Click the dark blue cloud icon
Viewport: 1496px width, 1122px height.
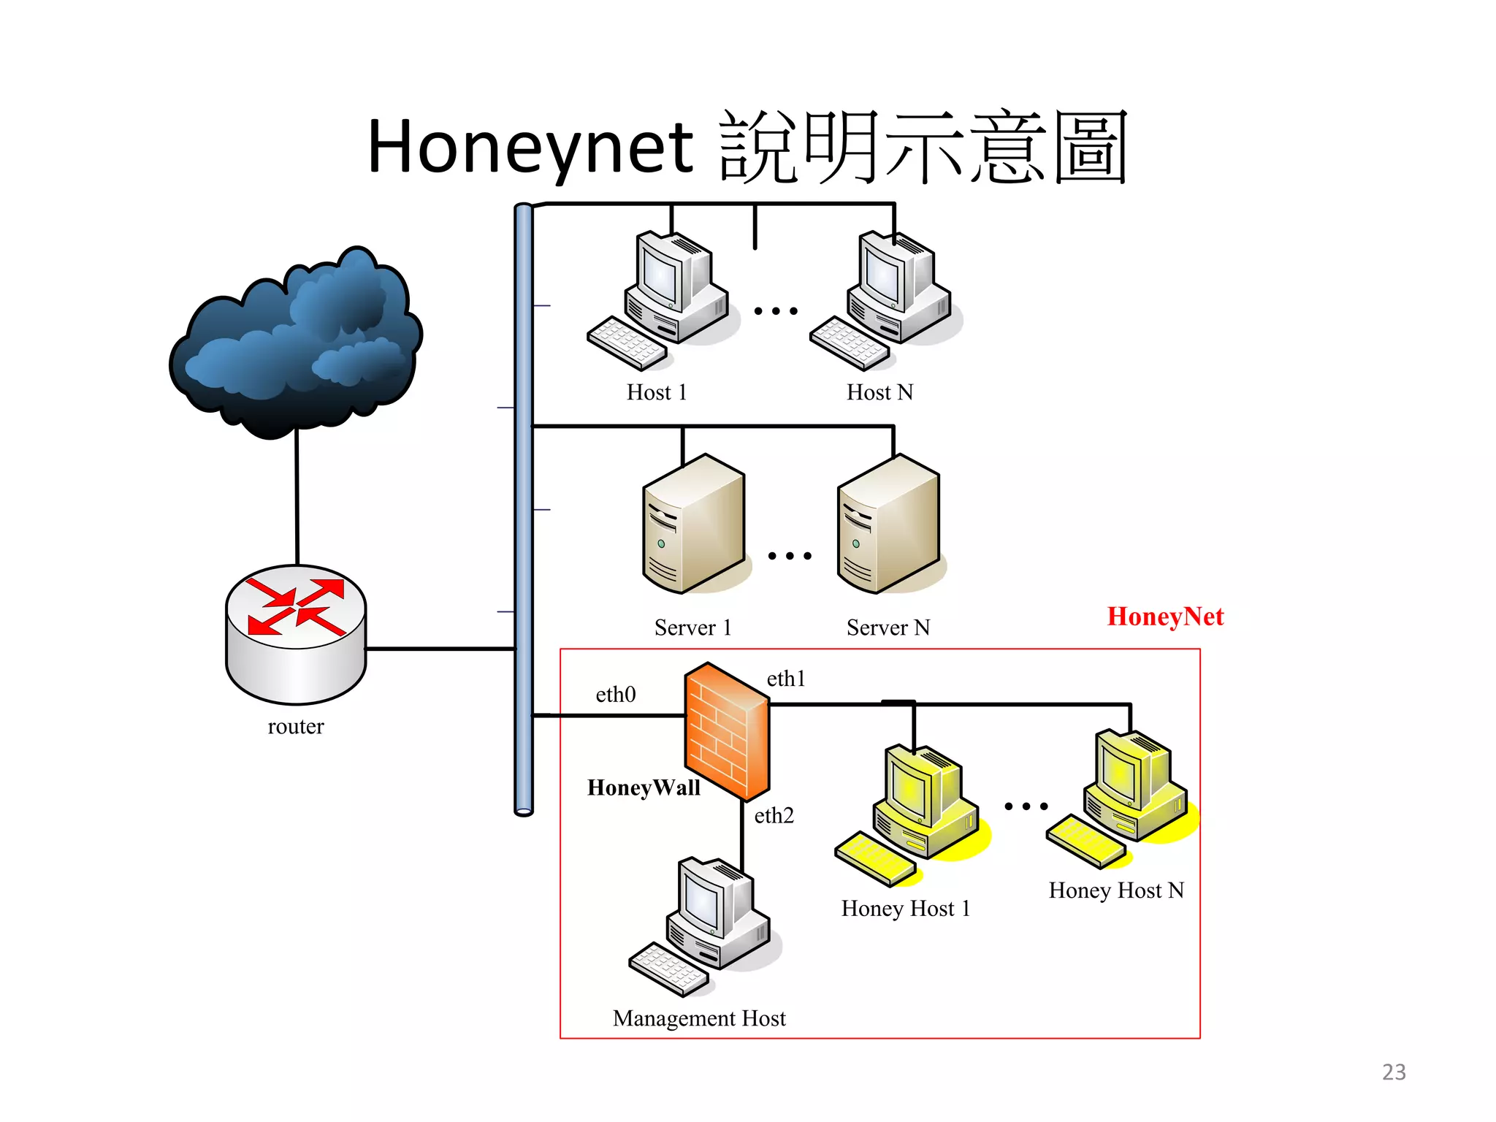296,343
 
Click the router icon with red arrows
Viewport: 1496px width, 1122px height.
296,632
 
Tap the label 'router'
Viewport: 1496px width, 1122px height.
296,726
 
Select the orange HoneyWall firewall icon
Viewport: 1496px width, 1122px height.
726,730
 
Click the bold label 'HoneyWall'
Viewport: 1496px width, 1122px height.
644,787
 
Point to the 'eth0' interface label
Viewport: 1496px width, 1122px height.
616,694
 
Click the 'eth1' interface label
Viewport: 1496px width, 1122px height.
786,679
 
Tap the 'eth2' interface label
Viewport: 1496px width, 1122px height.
774,815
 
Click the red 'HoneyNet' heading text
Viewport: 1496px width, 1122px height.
1165,617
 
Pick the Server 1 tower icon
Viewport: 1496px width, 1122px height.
694,524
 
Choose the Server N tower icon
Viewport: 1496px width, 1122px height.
889,524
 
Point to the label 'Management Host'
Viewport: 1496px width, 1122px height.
699,1018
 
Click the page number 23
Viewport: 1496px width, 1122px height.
1394,1072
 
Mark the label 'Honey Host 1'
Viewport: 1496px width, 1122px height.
906,909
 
